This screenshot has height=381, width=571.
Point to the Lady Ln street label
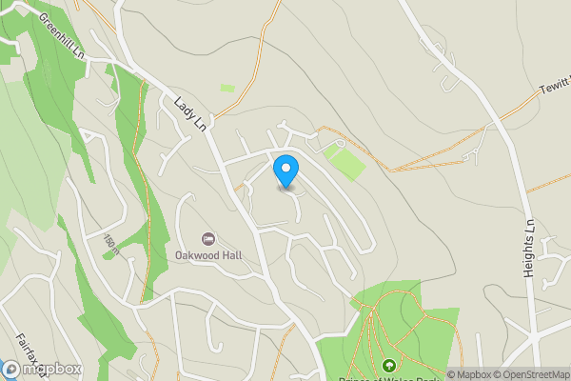pyautogui.click(x=189, y=112)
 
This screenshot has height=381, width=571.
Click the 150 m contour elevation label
pyautogui.click(x=109, y=245)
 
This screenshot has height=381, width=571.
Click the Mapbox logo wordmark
pyautogui.click(x=43, y=370)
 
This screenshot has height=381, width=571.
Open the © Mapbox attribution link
pyautogui.click(x=468, y=373)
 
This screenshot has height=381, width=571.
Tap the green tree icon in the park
pyautogui.click(x=388, y=365)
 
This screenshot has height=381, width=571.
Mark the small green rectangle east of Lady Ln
pyautogui.click(x=227, y=89)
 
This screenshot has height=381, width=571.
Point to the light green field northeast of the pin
pyautogui.click(x=345, y=160)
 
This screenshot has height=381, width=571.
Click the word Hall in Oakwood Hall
pyautogui.click(x=228, y=255)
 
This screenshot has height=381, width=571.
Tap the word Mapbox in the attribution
pyautogui.click(x=472, y=373)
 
